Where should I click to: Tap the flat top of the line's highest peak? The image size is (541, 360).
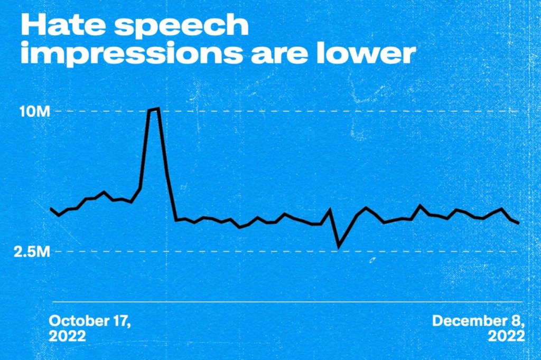click(154, 109)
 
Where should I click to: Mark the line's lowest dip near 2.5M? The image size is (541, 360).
click(339, 246)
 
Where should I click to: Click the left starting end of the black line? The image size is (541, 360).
click(51, 209)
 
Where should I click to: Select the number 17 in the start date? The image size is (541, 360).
click(122, 321)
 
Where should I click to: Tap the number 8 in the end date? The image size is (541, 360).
click(519, 321)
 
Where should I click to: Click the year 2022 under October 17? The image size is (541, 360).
click(67, 336)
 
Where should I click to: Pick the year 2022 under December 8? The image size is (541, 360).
click(506, 336)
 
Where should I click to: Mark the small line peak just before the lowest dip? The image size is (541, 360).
click(330, 210)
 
